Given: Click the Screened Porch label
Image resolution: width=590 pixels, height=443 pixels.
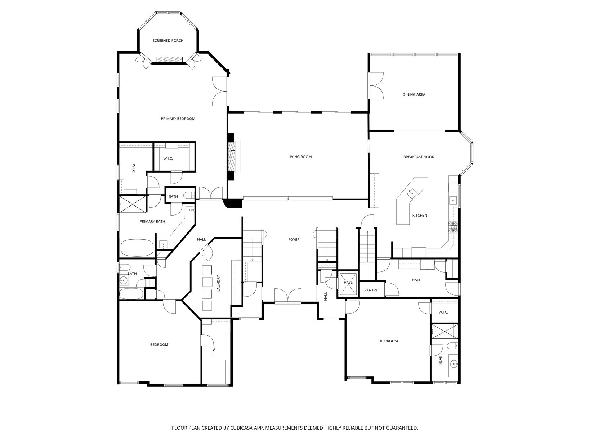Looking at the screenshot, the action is tap(168, 41).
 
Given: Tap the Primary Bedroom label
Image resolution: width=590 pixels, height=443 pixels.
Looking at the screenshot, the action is tap(178, 118).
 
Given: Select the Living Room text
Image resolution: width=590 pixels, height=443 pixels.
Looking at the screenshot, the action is tap(300, 156).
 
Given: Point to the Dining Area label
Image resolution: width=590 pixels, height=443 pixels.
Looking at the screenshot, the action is tap(414, 94).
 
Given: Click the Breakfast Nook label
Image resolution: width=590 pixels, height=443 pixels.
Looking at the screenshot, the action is tap(419, 157).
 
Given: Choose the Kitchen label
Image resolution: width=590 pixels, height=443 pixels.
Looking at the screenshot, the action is tap(420, 215).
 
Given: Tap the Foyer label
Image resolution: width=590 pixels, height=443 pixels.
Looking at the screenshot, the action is tap(294, 239).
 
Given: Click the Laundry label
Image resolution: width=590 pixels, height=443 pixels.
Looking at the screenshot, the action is tap(218, 283).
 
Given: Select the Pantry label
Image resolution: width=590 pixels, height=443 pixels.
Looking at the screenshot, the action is tap(371, 290).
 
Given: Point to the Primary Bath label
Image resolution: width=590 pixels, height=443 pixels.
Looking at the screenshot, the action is tap(152, 221).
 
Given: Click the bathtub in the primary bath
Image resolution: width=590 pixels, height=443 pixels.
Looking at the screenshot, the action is tap(137, 248).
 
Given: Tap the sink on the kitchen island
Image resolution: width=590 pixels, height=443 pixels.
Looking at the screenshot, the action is tap(411, 192).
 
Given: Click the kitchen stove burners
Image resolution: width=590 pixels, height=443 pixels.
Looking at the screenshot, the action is tap(453, 226).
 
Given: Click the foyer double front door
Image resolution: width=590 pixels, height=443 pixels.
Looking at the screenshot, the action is tap(287, 296).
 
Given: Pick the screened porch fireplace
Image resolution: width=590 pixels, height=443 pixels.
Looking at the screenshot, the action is tap(170, 59).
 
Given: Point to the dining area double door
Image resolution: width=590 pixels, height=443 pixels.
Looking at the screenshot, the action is tap(376, 86).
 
